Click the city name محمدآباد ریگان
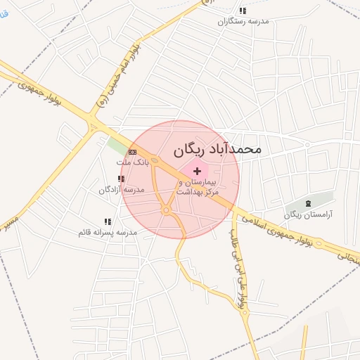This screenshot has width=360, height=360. (217, 149)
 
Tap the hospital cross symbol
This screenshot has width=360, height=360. (196, 171)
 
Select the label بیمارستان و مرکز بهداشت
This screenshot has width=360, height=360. (198, 186)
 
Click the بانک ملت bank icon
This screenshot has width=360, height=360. (132, 152)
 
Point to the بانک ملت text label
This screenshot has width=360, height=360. (129, 162)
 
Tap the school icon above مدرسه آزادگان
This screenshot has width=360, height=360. (121, 179)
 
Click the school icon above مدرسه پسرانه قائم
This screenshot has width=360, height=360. (107, 221)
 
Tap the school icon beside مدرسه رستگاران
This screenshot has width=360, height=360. (243, 11)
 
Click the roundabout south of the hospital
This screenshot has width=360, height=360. (167, 210)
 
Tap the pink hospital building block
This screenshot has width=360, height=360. (195, 169)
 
